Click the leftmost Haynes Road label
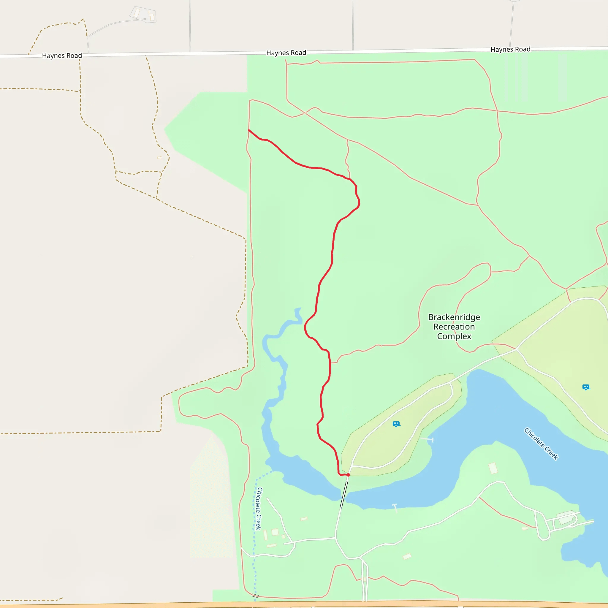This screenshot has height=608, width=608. tap(62, 56)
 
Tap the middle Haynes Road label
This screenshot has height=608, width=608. tap(286, 53)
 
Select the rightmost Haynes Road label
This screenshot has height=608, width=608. tap(510, 49)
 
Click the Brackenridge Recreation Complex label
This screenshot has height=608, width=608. tap(454, 327)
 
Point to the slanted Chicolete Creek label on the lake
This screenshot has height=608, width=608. tap(541, 444)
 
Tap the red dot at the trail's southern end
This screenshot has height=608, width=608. tap(348, 475)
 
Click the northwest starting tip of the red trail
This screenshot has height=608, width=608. tap(249, 130)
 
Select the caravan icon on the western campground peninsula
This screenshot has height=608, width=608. tap(396, 424)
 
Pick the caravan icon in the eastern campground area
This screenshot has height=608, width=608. tap(586, 387)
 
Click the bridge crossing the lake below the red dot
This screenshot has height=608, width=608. tap(344, 494)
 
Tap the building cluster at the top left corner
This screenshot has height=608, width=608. tap(143, 15)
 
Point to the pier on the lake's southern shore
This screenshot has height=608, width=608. tap(395, 507)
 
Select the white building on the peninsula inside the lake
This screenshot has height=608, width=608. tap(493, 468)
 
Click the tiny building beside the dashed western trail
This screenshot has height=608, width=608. tap(159, 157)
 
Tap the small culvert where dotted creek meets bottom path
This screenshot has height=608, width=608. tap(255, 596)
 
